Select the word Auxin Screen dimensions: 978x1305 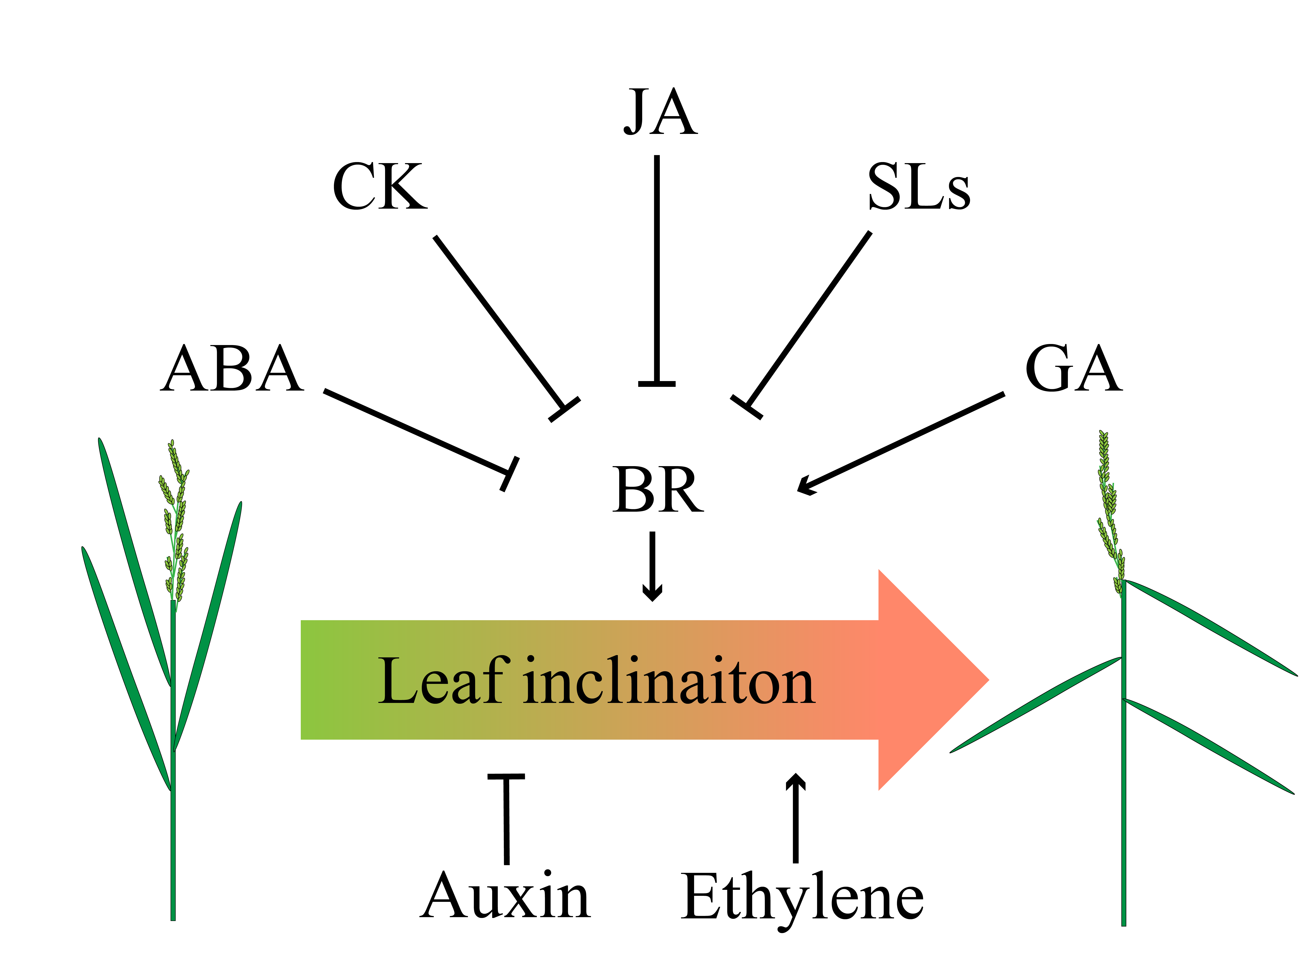(506, 897)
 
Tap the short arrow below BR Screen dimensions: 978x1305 (652, 566)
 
